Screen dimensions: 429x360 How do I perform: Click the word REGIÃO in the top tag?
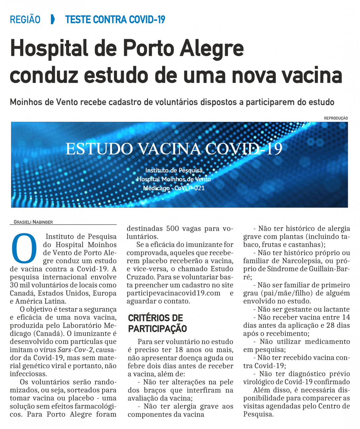(25, 20)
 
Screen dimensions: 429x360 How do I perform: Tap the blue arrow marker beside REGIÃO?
(53, 20)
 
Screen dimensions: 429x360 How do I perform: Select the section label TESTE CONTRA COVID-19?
(115, 20)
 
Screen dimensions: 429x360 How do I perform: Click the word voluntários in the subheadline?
(177, 102)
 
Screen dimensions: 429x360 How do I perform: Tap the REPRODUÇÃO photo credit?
(336, 118)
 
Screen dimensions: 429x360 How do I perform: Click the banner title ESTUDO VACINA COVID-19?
(174, 149)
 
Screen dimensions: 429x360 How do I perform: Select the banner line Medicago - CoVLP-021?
(174, 188)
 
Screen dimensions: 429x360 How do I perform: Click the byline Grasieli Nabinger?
(33, 222)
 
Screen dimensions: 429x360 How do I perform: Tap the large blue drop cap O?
(24, 248)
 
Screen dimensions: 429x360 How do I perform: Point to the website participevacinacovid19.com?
(173, 293)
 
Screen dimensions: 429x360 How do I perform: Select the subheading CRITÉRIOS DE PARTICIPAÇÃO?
(157, 323)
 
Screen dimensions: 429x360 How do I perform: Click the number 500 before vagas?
(173, 228)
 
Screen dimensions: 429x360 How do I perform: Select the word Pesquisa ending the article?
(258, 414)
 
